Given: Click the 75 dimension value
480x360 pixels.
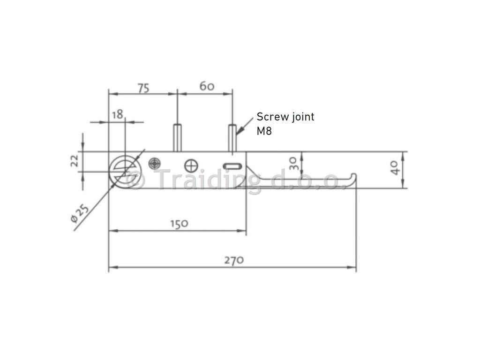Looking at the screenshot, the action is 143,88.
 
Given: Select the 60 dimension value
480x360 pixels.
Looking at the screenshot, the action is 207,86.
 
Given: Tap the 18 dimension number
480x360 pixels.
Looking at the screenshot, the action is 117,114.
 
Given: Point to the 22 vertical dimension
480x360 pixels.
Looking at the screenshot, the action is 75,161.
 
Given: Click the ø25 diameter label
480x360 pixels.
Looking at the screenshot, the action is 80,213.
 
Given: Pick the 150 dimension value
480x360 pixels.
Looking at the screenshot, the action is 179,224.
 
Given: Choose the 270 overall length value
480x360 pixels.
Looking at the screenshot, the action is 234,260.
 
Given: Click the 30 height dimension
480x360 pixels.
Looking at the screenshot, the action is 293,164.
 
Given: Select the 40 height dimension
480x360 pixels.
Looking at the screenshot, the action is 395,168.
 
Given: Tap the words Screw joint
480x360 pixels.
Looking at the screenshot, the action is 285,117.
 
